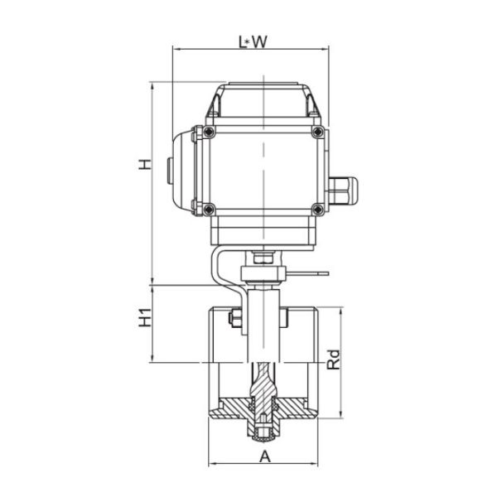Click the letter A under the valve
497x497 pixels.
(264, 456)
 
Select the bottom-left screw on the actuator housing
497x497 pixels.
(208, 208)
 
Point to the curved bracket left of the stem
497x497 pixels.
(222, 269)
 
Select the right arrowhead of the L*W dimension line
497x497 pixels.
(327, 49)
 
